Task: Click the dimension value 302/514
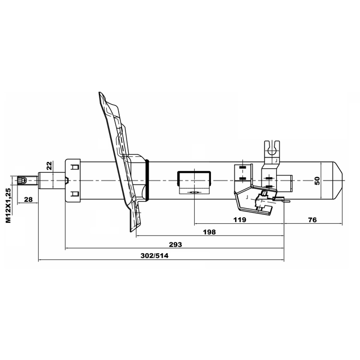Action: tap(154, 255)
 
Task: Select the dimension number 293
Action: tap(175, 245)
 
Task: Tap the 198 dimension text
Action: tap(209, 232)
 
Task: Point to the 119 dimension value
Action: tap(240, 220)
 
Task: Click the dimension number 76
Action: tap(313, 220)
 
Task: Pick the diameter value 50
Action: tap(317, 181)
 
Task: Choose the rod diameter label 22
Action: tap(49, 165)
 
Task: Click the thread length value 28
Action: tap(28, 200)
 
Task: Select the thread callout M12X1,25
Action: tap(8, 205)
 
